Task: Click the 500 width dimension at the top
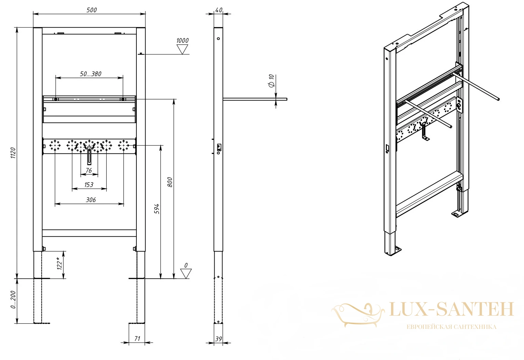point(92,10)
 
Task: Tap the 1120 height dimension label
point(13,153)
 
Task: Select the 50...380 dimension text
point(91,74)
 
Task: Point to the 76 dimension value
point(89,171)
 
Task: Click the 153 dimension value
point(89,185)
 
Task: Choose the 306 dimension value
point(91,200)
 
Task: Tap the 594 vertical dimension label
point(157,209)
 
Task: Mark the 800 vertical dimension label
point(170,182)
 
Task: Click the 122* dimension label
point(60,263)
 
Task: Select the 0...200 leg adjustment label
point(13,299)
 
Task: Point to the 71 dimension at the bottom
point(137,338)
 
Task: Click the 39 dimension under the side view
point(218,339)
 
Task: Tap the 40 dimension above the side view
point(218,10)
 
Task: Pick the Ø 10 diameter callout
point(271,81)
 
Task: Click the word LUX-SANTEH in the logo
point(452,309)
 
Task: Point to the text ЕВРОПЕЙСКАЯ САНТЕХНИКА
point(452,327)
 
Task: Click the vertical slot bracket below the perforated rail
point(89,156)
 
